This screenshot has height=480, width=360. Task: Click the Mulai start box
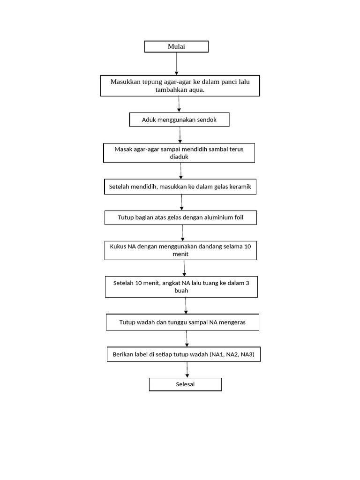pos(176,46)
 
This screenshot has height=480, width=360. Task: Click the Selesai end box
pos(185,385)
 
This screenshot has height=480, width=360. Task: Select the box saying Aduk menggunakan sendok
pos(180,120)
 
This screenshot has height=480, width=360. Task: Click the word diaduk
pos(179,157)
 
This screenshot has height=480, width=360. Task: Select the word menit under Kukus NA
pos(180,254)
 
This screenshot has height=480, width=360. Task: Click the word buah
pos(181,291)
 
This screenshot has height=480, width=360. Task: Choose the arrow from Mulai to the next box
pos(176,63)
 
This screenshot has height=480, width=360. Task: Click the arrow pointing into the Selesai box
pos(187,369)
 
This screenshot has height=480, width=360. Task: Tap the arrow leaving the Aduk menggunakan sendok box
pos(180,135)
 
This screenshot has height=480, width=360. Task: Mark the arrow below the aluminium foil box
pos(182,232)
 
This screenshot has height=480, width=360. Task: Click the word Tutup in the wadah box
pos(127,322)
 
